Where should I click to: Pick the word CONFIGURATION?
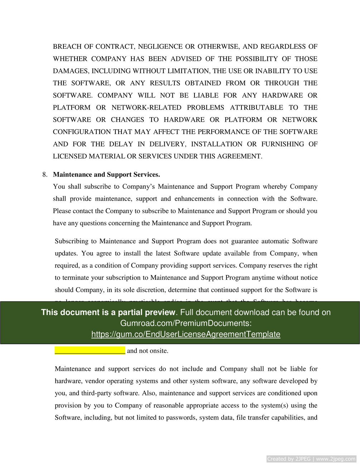(82, 132)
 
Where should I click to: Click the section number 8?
(45, 174)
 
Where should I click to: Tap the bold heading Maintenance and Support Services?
(106, 174)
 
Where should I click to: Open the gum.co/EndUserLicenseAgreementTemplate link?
(186, 334)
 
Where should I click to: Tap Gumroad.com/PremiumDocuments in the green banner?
(186, 323)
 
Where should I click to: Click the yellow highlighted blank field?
(90, 350)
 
